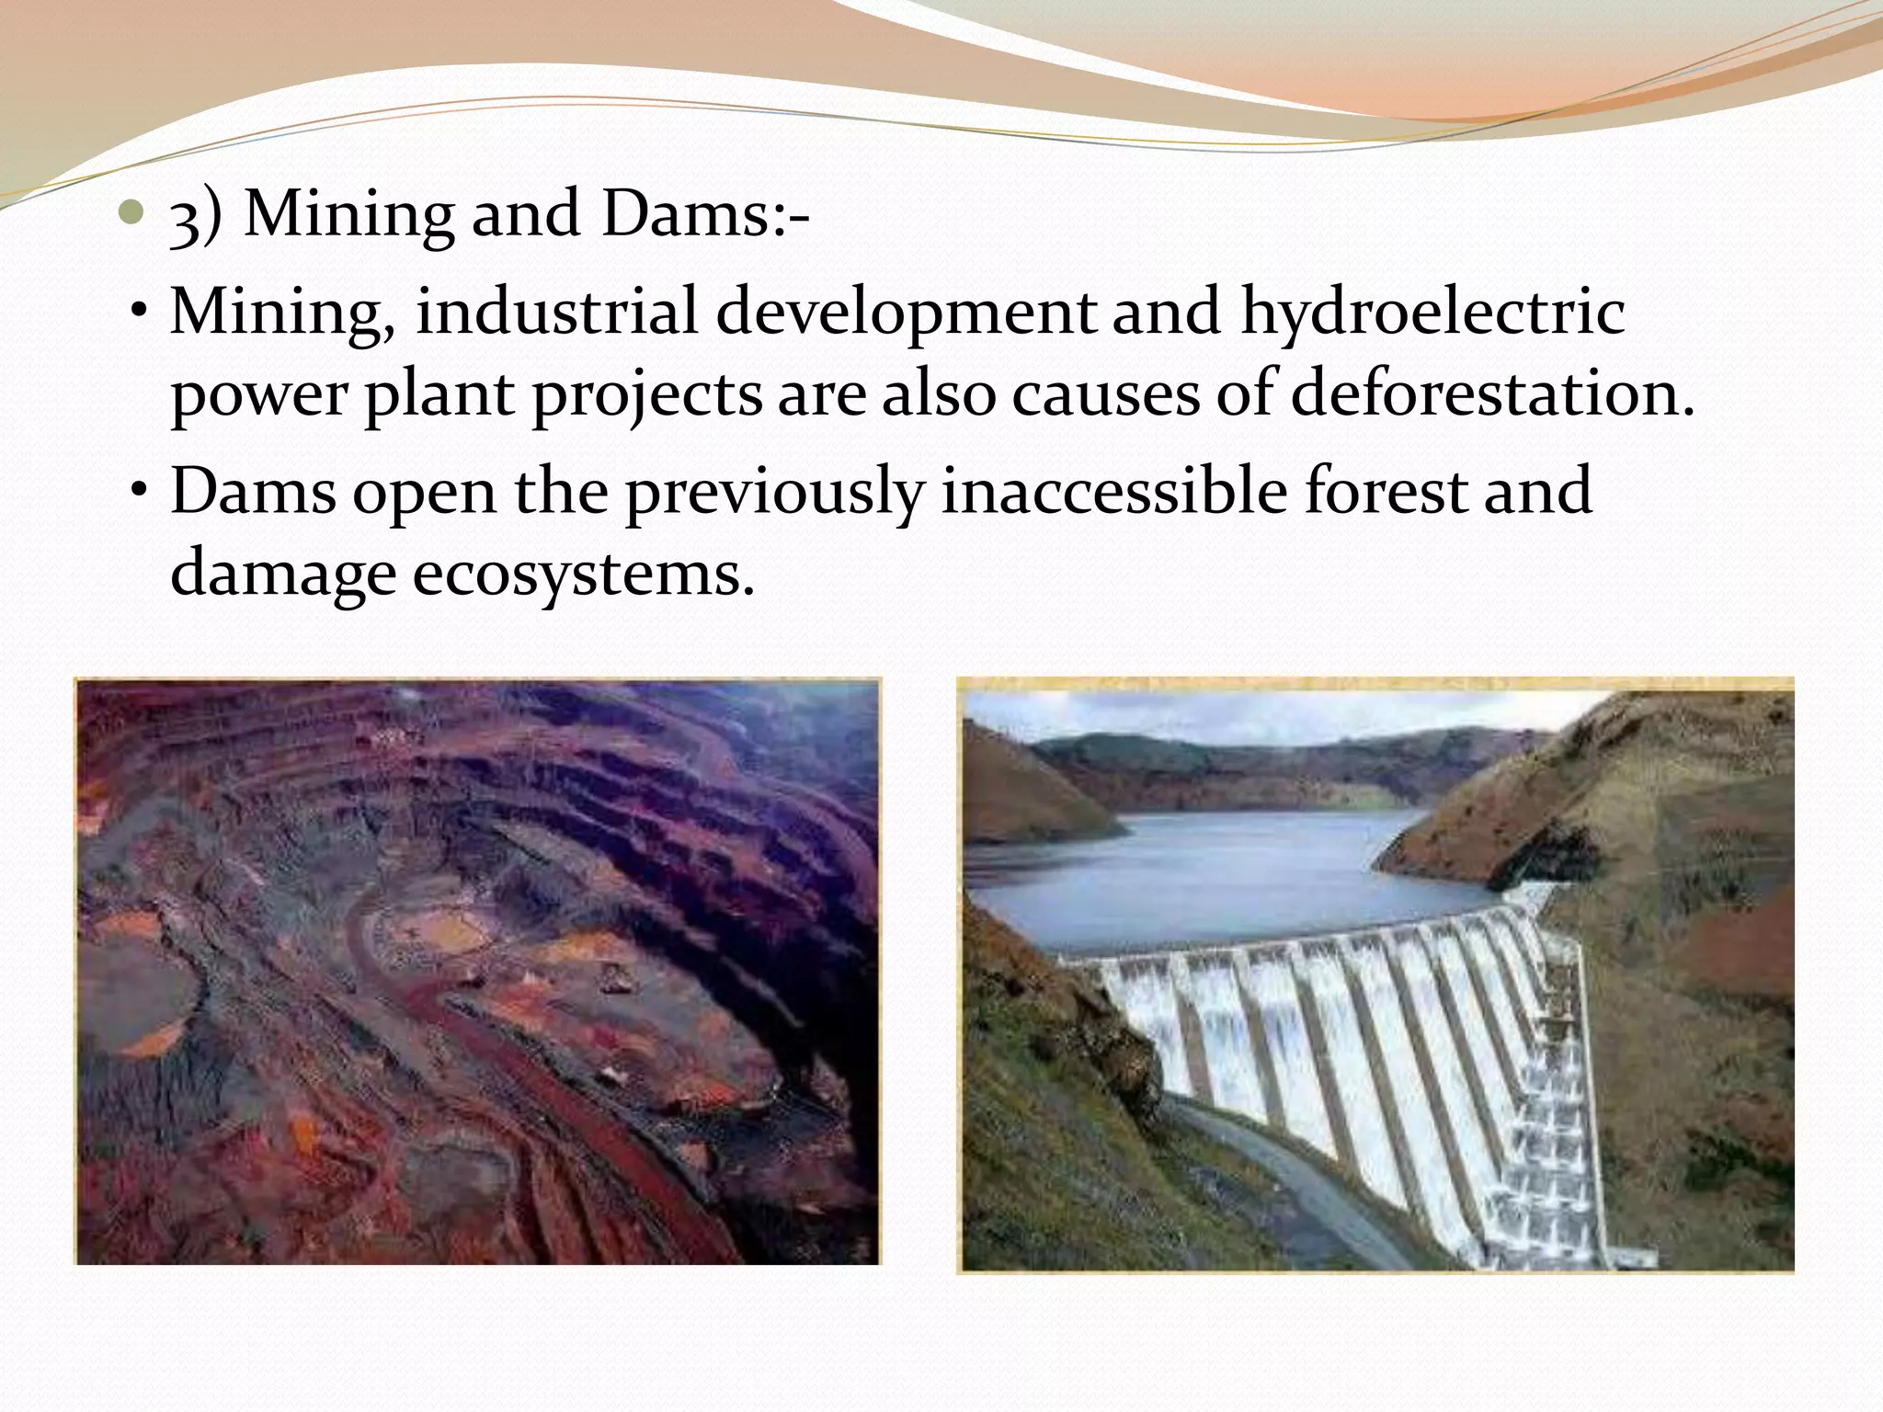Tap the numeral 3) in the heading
point(196,217)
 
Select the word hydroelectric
point(1432,313)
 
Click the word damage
point(281,575)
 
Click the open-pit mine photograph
point(477,971)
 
